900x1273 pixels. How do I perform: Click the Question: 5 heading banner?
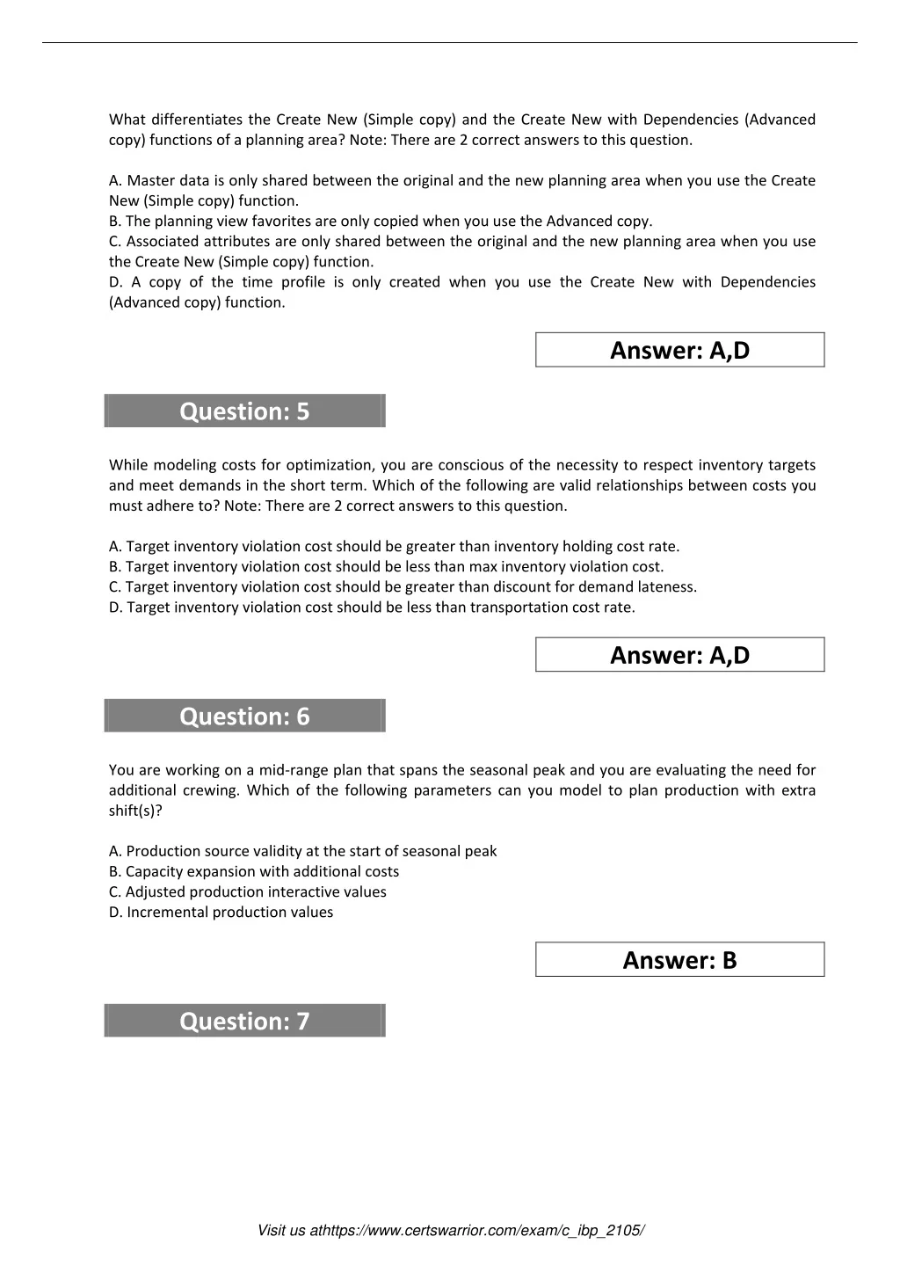(x=244, y=411)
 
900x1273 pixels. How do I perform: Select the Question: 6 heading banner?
(x=244, y=717)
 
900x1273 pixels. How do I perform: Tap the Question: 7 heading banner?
(x=244, y=1022)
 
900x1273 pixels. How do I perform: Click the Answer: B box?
(x=679, y=960)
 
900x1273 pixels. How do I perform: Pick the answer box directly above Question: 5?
(x=679, y=350)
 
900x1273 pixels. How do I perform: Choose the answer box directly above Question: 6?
(x=679, y=655)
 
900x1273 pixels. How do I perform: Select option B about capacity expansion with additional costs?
(x=254, y=871)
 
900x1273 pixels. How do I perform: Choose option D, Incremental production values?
(x=221, y=912)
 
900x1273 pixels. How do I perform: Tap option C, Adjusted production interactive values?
(x=248, y=891)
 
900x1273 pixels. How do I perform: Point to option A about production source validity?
(x=303, y=851)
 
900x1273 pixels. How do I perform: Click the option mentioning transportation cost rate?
(x=372, y=607)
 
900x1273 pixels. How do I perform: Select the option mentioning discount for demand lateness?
(x=403, y=586)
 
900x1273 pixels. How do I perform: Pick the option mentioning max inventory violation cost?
(x=387, y=566)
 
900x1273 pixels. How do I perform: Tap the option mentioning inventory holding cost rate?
(x=394, y=546)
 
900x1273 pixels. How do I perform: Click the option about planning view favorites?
(x=381, y=221)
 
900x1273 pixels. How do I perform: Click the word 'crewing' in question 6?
(x=209, y=790)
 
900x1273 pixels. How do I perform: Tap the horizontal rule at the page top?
(x=450, y=42)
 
